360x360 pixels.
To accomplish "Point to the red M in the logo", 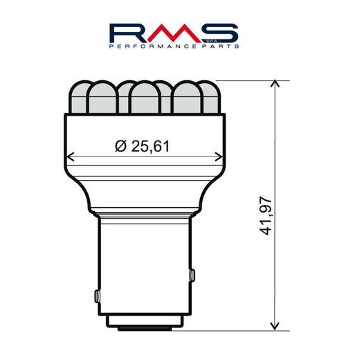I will (179, 32).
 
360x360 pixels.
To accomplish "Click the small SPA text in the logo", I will (205, 41).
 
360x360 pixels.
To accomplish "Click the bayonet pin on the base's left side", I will (95, 296).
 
